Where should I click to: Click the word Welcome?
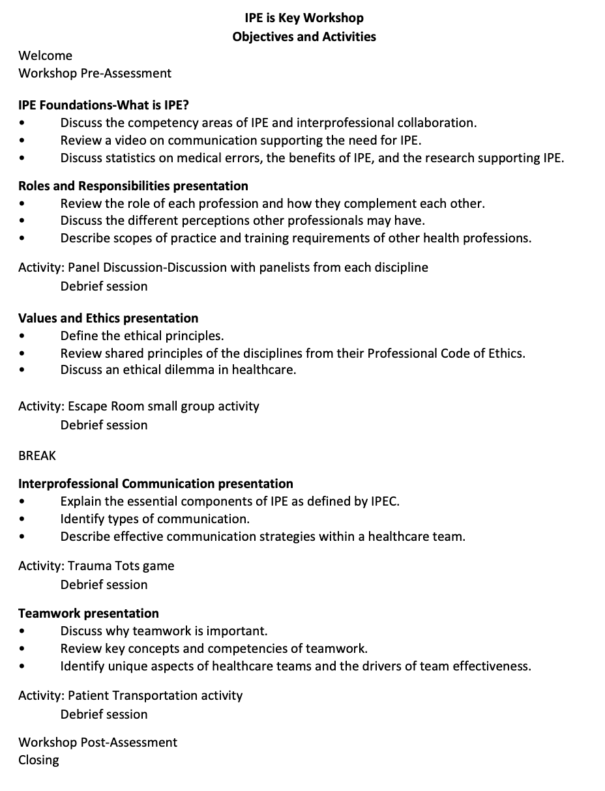pos(45,55)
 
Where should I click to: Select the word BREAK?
pos(37,455)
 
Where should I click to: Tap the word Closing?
pos(38,760)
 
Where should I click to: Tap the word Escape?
pos(87,407)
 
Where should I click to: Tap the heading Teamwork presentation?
pos(89,613)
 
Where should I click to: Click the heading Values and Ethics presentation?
pos(108,318)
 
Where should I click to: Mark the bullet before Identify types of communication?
pos(23,519)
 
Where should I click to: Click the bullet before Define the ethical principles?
pos(23,336)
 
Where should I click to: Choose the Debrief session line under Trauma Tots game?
pos(104,584)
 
